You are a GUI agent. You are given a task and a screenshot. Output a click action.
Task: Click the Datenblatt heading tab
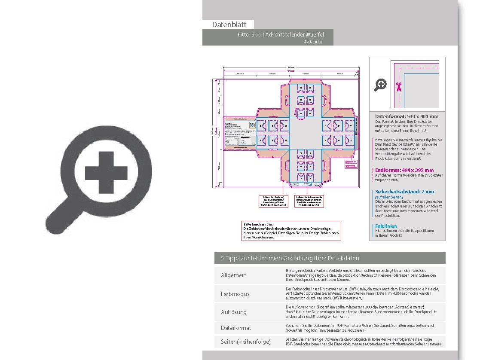pyautogui.click(x=229, y=24)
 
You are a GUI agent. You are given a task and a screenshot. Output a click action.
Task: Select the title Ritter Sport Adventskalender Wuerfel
pyautogui.click(x=281, y=34)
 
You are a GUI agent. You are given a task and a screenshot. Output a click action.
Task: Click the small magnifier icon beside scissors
pyautogui.click(x=381, y=85)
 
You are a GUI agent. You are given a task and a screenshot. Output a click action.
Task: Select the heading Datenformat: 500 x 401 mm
pyautogui.click(x=407, y=116)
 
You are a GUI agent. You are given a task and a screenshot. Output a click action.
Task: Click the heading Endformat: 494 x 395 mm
pyautogui.click(x=404, y=170)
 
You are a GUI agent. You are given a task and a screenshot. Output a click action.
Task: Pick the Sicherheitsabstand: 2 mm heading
pyautogui.click(x=404, y=192)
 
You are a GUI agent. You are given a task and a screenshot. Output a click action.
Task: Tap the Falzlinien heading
pyautogui.click(x=386, y=226)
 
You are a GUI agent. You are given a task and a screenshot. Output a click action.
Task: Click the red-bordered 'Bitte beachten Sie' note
pyautogui.click(x=291, y=231)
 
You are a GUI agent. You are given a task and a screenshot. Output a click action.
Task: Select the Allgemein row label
pyautogui.click(x=234, y=275)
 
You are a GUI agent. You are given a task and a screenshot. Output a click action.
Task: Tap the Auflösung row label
pyautogui.click(x=234, y=312)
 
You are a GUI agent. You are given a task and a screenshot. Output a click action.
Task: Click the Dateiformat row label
pyautogui.click(x=236, y=328)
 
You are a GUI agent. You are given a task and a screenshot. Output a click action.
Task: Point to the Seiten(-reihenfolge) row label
pyautogui.click(x=246, y=342)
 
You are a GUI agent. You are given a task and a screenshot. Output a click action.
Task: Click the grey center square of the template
pyautogui.click(x=306, y=133)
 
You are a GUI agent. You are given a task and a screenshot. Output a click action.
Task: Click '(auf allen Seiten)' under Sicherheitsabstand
pyautogui.click(x=389, y=197)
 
